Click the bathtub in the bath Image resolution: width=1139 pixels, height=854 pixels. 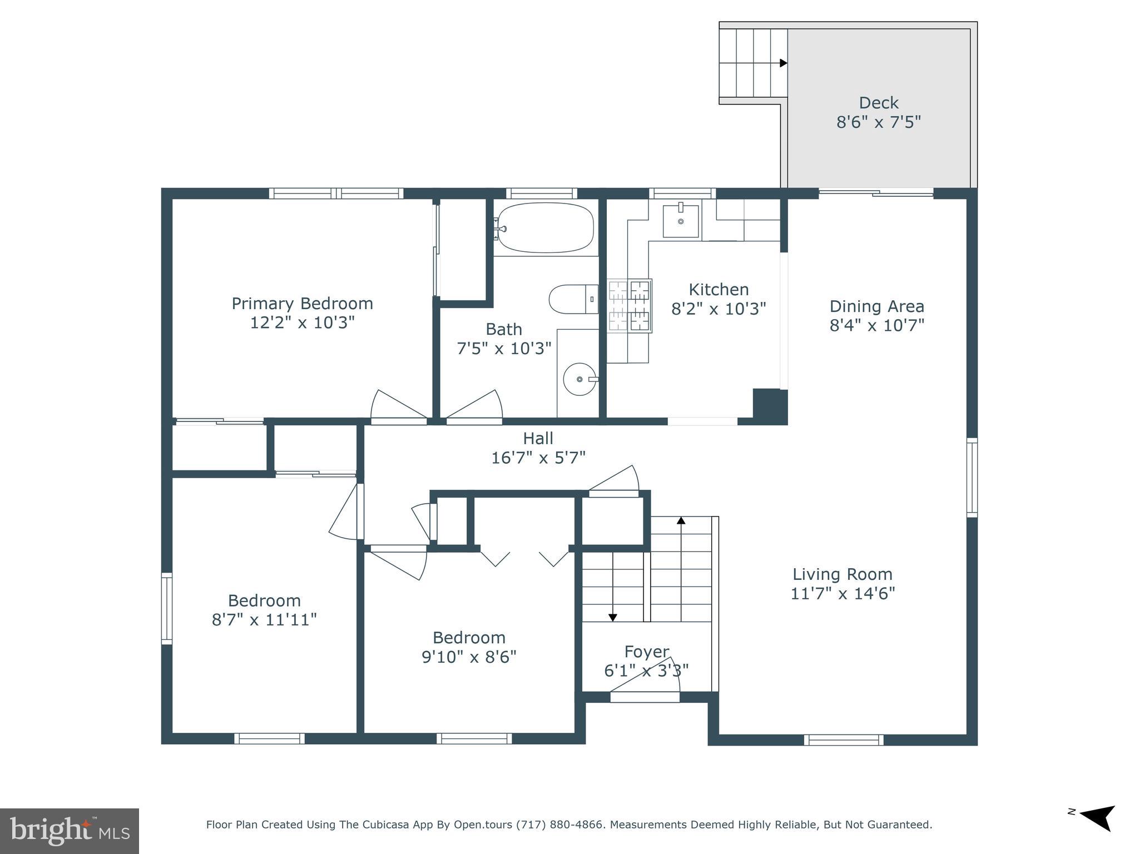pyautogui.click(x=545, y=227)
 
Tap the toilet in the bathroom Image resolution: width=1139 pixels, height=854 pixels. pyautogui.click(x=573, y=299)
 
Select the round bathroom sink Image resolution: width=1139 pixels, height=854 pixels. pyautogui.click(x=580, y=379)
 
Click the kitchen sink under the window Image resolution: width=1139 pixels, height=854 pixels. pyautogui.click(x=680, y=220)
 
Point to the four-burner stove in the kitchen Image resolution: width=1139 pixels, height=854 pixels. pyautogui.click(x=630, y=305)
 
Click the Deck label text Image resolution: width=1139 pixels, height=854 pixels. pyautogui.click(x=879, y=103)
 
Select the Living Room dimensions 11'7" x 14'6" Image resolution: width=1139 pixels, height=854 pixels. pyautogui.click(x=843, y=593)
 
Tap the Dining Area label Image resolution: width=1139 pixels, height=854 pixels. pyautogui.click(x=876, y=306)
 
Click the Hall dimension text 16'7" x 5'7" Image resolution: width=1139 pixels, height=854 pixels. pyautogui.click(x=538, y=458)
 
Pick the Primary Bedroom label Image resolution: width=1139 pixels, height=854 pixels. pyautogui.click(x=302, y=304)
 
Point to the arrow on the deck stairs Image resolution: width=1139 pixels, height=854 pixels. pyautogui.click(x=783, y=63)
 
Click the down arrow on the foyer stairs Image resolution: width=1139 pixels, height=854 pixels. pyautogui.click(x=612, y=617)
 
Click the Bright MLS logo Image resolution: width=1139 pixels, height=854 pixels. pyautogui.click(x=70, y=831)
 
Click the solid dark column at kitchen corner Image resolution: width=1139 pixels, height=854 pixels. pyautogui.click(x=770, y=406)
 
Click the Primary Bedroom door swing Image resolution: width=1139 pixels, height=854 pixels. pyautogui.click(x=396, y=406)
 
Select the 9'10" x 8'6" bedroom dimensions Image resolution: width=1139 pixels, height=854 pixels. pyautogui.click(x=469, y=657)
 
